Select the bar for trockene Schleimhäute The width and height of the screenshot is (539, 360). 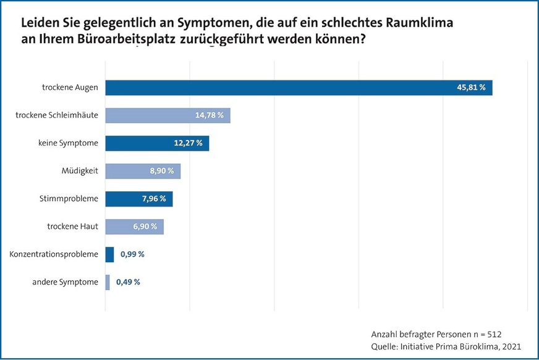168,115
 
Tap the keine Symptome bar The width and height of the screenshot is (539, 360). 157,144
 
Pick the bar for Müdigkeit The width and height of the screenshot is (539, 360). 143,171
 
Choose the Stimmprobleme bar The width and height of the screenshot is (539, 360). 139,199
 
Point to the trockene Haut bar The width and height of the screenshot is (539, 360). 134,227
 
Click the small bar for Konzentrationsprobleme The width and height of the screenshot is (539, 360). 110,254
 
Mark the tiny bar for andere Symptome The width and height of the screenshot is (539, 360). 108,282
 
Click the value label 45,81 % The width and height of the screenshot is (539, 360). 471,88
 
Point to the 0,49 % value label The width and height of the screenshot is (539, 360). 128,282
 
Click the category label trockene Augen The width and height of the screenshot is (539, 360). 70,88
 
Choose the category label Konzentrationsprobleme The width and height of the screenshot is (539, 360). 54,254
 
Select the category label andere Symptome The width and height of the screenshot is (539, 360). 66,282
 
